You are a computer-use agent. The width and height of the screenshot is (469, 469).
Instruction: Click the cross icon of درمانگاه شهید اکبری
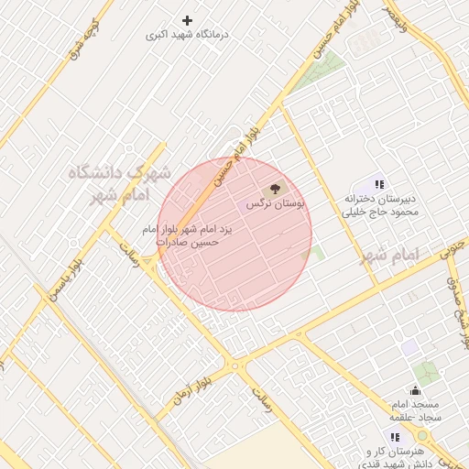(188, 20)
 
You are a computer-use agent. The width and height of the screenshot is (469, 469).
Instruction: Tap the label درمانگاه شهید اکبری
(188, 35)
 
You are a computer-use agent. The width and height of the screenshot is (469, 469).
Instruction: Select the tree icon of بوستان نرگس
(278, 190)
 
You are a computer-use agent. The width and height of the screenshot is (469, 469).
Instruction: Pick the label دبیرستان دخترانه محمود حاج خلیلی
(380, 205)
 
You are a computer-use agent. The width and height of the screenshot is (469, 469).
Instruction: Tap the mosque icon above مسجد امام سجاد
(415, 391)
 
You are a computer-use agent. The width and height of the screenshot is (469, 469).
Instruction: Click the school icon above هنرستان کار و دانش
(395, 438)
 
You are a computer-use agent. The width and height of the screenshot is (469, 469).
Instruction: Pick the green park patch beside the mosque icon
(426, 373)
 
